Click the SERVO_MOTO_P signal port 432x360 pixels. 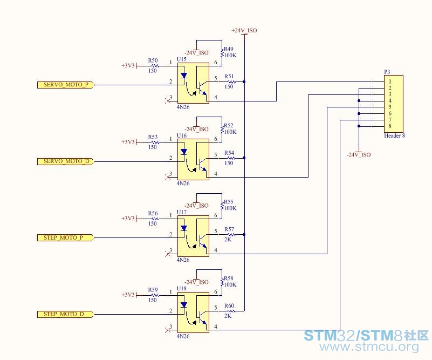pos(66,85)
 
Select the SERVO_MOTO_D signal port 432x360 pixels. pos(66,161)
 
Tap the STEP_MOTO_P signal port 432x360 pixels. pos(66,237)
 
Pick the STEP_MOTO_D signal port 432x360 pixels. pos(66,314)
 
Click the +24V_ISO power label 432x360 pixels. pos(244,30)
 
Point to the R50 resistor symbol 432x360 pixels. pos(155,66)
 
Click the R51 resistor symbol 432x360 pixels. pos(231,82)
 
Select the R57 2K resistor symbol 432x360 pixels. pos(231,235)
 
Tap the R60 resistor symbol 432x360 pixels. pos(231,311)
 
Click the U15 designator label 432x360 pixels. pos(182,59)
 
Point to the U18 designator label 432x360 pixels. pos(182,289)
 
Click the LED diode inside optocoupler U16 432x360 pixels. pos(184,152)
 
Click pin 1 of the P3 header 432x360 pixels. pos(390,81)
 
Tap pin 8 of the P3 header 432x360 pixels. pos(390,126)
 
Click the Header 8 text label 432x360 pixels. pos(395,135)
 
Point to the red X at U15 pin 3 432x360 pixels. pos(168,101)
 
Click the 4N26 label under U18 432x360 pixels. pos(183,336)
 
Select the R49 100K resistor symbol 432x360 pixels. pos(222,52)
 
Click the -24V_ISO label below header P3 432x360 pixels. pos(359,155)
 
